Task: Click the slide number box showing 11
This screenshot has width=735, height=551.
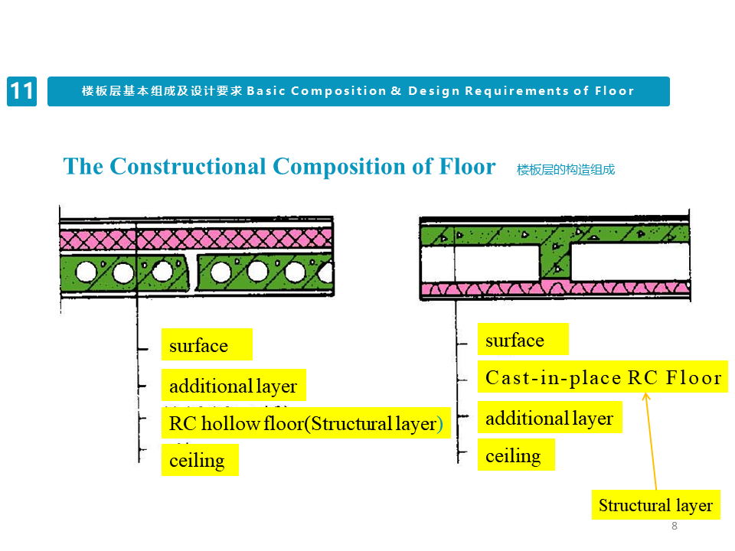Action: [21, 91]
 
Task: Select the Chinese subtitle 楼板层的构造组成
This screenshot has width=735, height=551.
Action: [566, 170]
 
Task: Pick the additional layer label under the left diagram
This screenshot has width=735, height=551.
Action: [233, 386]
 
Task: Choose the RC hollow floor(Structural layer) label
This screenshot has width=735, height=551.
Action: [305, 423]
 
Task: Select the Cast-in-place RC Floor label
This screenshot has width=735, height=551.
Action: [603, 377]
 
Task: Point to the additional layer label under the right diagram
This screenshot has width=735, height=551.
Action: [549, 418]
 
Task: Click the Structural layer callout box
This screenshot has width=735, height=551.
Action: [655, 505]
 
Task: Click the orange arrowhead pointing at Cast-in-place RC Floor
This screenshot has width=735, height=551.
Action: [646, 396]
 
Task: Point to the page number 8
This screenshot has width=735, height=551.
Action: [675, 526]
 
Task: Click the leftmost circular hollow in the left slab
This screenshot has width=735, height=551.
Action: [87, 272]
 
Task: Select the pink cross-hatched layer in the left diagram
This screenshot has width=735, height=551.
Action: [196, 240]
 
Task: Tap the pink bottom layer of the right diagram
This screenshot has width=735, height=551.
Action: [555, 289]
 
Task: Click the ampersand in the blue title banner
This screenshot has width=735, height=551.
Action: [396, 91]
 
